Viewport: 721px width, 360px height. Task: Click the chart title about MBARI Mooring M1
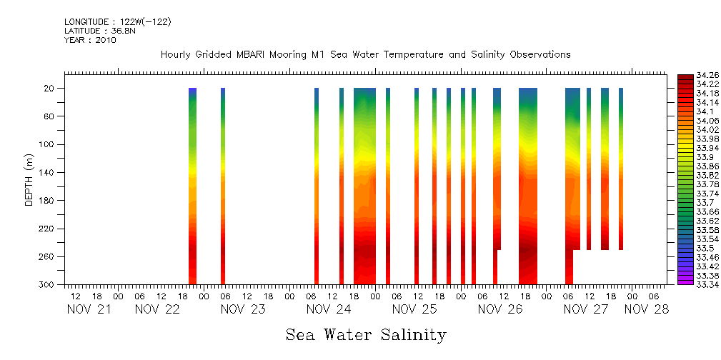tap(365, 55)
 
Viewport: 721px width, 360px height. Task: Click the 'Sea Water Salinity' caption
tap(366, 334)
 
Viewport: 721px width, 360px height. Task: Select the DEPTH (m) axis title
tap(29, 183)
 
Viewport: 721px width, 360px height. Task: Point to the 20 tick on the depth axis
tap(50, 89)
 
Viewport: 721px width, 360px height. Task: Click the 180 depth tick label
tap(48, 201)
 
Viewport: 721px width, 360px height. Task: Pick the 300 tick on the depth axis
tap(48, 285)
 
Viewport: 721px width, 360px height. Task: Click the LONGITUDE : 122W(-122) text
tap(118, 22)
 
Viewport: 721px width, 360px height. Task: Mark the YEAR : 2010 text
tap(90, 40)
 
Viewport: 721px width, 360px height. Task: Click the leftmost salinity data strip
tap(192, 186)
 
